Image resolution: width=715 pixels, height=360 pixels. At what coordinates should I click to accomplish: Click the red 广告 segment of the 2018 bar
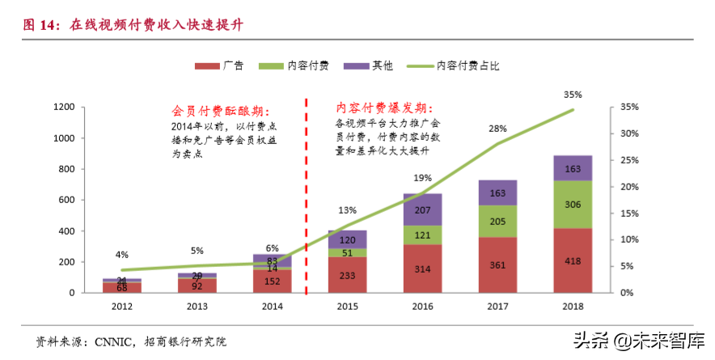[573, 260]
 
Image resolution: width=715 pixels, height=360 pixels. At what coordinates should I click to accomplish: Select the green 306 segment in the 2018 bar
[573, 205]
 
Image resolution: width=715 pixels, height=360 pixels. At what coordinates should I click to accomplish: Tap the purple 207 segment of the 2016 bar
[422, 210]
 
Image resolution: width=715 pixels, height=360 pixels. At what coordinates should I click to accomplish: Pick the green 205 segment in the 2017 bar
[497, 221]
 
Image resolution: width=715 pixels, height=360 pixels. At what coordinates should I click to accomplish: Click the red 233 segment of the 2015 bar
[347, 274]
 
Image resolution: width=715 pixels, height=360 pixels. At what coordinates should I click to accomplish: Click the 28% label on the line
[497, 129]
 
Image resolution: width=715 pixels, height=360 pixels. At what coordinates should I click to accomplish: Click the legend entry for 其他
[371, 66]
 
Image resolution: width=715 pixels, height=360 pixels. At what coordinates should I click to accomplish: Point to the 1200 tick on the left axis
[64, 107]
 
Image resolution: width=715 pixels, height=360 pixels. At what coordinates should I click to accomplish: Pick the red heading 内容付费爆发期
[384, 108]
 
